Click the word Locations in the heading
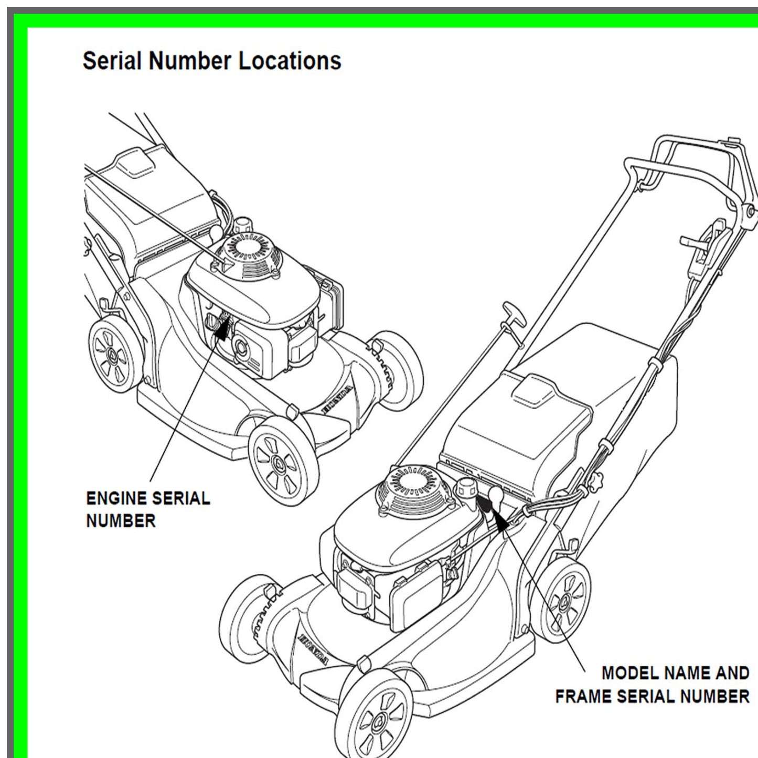point(290,61)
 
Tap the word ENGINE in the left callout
point(118,498)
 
